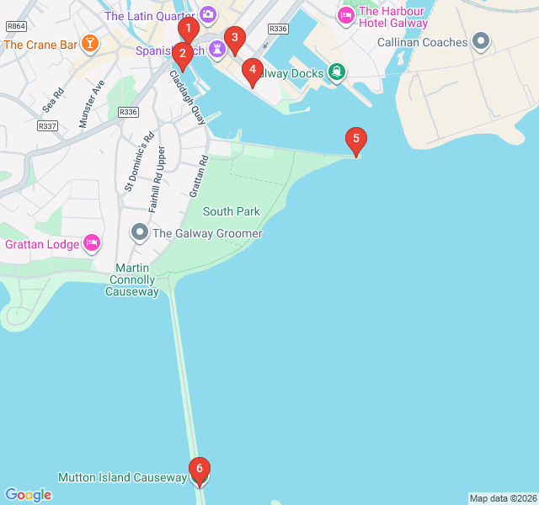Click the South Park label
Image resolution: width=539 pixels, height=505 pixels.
(x=231, y=211)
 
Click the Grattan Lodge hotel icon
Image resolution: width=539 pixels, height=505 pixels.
(x=93, y=244)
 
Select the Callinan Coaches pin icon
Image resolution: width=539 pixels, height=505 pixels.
(x=481, y=41)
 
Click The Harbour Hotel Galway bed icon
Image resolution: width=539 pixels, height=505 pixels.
(x=345, y=16)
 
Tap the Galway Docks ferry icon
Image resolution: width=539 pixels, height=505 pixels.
(x=337, y=72)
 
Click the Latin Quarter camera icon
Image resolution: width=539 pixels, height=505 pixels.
(x=208, y=14)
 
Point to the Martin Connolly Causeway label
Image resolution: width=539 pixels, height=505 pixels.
(x=131, y=279)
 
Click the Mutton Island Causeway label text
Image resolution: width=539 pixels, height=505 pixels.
(x=122, y=477)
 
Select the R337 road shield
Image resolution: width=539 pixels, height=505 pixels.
(x=47, y=126)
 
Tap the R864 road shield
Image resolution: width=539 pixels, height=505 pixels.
(x=15, y=26)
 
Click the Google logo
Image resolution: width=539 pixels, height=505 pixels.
(x=28, y=495)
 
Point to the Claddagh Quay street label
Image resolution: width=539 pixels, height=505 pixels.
(x=188, y=97)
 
